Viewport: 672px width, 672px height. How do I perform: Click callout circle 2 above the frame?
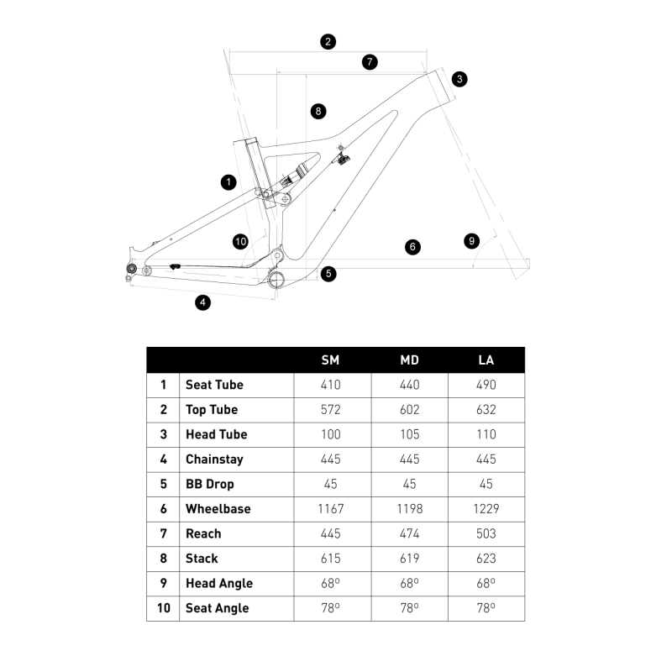pyautogui.click(x=328, y=41)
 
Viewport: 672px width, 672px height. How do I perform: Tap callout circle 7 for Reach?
pyautogui.click(x=370, y=61)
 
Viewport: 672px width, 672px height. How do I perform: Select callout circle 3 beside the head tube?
pyautogui.click(x=459, y=79)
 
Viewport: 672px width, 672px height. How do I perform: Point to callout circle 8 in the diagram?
pyautogui.click(x=318, y=111)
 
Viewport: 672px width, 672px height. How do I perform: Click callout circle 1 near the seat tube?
pyautogui.click(x=227, y=181)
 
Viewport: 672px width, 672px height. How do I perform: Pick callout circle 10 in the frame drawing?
pyautogui.click(x=240, y=242)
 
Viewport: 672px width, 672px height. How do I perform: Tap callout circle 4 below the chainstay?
pyautogui.click(x=202, y=302)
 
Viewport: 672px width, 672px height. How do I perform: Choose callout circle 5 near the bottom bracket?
pyautogui.click(x=328, y=273)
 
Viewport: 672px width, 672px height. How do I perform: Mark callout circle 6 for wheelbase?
pyautogui.click(x=412, y=247)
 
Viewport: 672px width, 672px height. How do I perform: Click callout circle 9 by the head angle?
pyautogui.click(x=472, y=241)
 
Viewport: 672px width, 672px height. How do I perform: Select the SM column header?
pyautogui.click(x=331, y=360)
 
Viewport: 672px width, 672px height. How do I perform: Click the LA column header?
pyautogui.click(x=486, y=360)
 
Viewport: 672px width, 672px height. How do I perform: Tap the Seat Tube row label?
pyautogui.click(x=214, y=385)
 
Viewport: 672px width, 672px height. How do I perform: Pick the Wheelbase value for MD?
pyautogui.click(x=409, y=509)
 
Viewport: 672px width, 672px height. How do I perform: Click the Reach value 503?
pyautogui.click(x=486, y=533)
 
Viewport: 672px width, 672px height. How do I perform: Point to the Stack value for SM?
pyautogui.click(x=331, y=559)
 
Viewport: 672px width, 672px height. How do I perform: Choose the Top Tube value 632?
pyautogui.click(x=486, y=410)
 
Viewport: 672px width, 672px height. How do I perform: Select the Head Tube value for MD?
pyautogui.click(x=409, y=434)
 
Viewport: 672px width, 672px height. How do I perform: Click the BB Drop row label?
pyautogui.click(x=209, y=484)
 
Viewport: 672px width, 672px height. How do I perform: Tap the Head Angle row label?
pyautogui.click(x=218, y=583)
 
